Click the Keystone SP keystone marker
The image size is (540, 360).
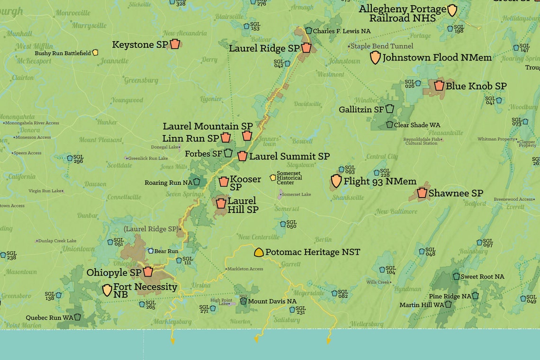175,44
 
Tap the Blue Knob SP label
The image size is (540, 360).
476,86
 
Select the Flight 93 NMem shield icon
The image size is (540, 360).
336,181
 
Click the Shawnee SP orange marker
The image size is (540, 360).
422,193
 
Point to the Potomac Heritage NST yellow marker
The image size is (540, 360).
259,252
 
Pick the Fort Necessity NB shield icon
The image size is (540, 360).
108,290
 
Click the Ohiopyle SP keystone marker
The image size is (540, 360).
148,272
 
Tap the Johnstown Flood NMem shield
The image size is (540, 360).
375,58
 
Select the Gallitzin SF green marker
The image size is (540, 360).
389,109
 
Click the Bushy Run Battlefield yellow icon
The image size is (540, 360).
95,53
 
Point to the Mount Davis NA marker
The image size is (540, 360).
243,301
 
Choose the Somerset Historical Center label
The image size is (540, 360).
289,178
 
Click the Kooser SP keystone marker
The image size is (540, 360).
224,181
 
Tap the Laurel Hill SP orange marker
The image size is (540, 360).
221,204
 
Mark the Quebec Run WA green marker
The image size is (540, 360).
77,317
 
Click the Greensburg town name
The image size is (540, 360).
141,81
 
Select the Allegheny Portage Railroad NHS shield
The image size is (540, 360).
452,10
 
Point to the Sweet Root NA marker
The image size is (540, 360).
456,276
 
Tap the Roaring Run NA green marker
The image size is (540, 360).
197,182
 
